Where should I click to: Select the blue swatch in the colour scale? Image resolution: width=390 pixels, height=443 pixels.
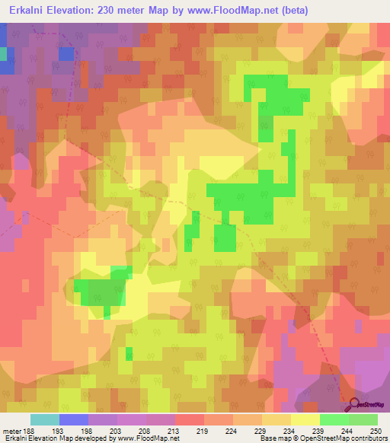(74, 419)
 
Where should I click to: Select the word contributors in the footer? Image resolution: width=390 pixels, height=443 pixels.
(365, 438)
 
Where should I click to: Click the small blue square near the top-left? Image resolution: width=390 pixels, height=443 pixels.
(66, 54)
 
